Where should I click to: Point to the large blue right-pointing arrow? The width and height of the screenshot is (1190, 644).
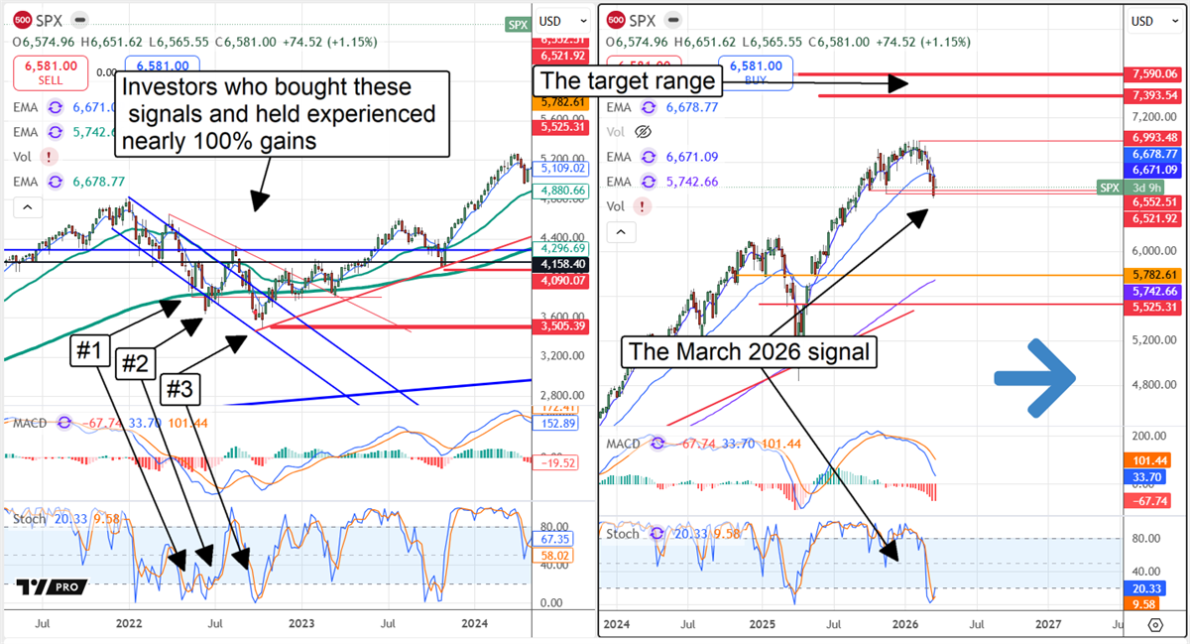1035,377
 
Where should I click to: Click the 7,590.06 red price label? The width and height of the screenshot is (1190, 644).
1155,73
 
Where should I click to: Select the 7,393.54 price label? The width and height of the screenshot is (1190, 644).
1155,95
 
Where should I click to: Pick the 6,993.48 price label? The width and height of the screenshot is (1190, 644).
1155,137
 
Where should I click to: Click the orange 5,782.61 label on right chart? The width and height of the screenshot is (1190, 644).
1155,274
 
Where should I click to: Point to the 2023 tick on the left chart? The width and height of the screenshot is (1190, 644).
300,624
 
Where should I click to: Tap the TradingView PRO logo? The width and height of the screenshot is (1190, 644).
52,586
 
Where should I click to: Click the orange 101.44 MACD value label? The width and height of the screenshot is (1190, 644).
1155,460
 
